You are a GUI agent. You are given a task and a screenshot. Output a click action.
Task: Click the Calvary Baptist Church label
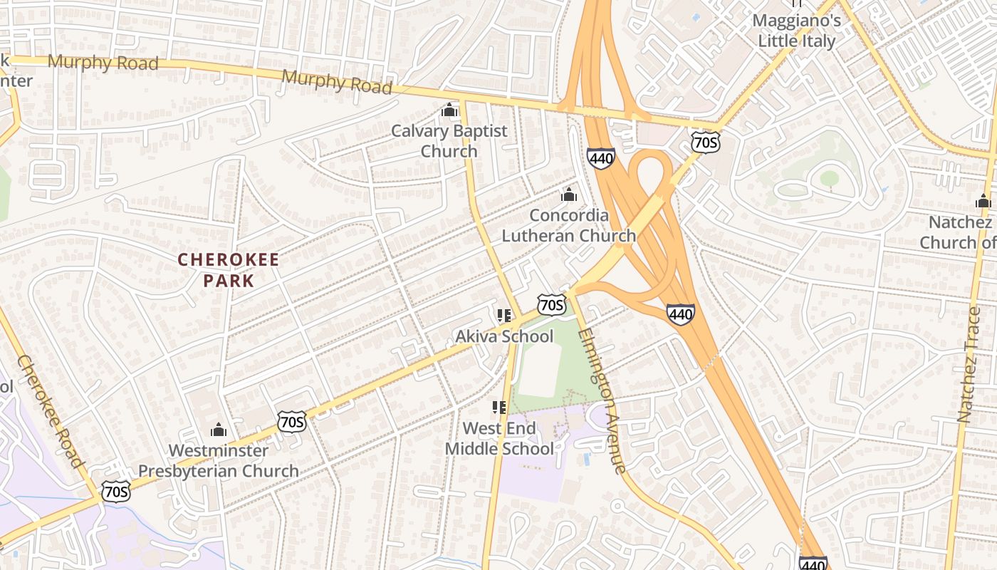(449, 141)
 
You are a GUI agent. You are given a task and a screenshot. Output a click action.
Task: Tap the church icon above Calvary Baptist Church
(449, 110)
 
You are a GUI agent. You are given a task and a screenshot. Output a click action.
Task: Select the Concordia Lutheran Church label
(569, 225)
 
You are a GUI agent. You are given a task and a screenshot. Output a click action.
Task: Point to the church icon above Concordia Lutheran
(569, 195)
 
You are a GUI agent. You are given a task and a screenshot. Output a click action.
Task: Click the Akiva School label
(504, 336)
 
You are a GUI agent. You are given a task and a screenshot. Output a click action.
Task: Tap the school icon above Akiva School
(504, 316)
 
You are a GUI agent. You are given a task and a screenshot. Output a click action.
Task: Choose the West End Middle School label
(499, 438)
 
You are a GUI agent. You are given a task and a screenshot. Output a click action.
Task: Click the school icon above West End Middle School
(499, 408)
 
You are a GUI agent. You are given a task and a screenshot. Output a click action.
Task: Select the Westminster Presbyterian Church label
(219, 460)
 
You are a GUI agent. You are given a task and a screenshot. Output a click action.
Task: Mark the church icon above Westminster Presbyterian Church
(219, 430)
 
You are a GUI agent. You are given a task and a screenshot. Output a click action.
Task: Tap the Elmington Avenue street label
(602, 400)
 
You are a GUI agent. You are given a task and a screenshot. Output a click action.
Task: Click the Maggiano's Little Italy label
(796, 31)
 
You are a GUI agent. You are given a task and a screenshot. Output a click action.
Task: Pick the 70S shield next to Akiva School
(552, 304)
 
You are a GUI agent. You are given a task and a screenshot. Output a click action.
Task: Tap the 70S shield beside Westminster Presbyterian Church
(292, 422)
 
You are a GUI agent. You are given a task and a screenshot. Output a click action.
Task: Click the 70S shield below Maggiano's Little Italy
(705, 142)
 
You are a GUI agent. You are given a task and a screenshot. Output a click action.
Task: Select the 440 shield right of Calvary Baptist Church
(601, 158)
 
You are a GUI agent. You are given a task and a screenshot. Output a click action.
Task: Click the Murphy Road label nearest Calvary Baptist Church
(337, 82)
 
